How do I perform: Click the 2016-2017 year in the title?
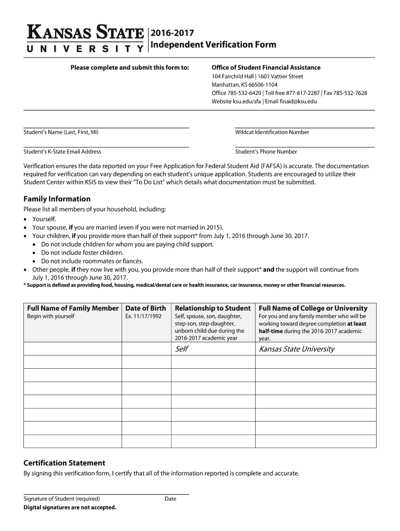pos(172,34)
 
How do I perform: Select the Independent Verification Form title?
pos(213,45)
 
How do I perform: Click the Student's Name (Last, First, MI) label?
pos(61,132)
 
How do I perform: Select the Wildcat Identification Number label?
pos(272,132)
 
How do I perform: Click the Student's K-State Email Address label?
pos(62,152)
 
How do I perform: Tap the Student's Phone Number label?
pos(266,152)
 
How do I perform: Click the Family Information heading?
pos(57,199)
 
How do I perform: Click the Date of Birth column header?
pos(146,308)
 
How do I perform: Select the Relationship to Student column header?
pos(213,308)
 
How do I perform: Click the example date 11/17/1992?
pos(148,316)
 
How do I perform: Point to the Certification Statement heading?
pos(64,463)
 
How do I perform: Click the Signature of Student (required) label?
pos(62,499)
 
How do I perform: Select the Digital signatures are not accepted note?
pos(70,507)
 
